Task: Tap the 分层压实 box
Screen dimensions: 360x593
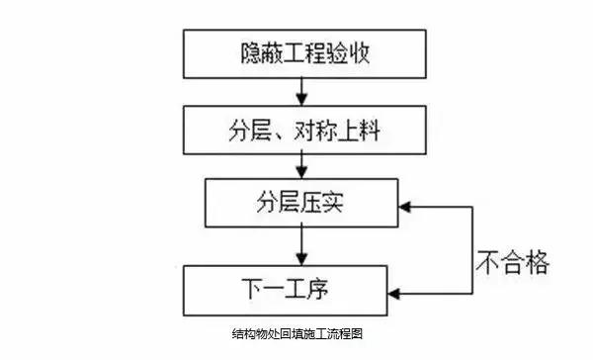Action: click(297, 206)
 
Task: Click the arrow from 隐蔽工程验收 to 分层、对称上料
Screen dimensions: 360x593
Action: click(297, 91)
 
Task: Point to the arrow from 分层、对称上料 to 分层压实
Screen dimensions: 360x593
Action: click(297, 167)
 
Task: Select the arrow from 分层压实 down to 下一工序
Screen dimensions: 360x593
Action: click(297, 247)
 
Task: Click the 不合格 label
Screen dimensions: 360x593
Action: click(512, 263)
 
